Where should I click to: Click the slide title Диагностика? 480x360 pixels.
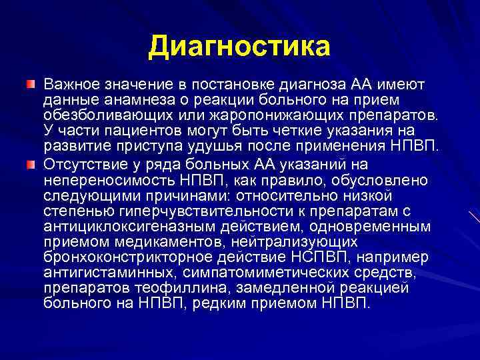[239, 47]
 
